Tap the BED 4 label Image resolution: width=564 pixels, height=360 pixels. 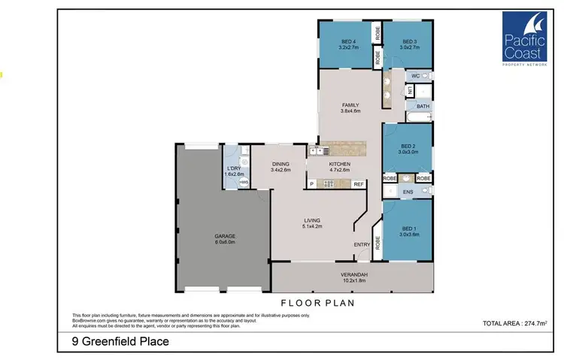click(x=347, y=41)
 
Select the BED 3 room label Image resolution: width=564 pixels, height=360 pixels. click(x=409, y=41)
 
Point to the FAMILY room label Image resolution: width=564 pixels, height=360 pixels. click(x=350, y=105)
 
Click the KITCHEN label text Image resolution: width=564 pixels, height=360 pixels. click(x=340, y=163)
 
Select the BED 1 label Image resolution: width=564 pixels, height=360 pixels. click(x=408, y=229)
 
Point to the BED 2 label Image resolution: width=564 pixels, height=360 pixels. click(x=408, y=147)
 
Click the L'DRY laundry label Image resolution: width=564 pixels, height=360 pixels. click(x=234, y=169)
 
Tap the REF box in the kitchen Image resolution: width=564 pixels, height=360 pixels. click(x=359, y=184)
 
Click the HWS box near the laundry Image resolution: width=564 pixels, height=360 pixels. click(x=243, y=183)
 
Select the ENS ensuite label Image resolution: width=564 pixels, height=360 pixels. click(x=408, y=193)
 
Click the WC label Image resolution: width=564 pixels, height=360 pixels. click(x=414, y=76)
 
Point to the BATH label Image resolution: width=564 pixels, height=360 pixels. click(x=423, y=106)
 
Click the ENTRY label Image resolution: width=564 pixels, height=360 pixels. click(x=361, y=244)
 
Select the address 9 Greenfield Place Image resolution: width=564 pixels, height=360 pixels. click(x=115, y=342)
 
